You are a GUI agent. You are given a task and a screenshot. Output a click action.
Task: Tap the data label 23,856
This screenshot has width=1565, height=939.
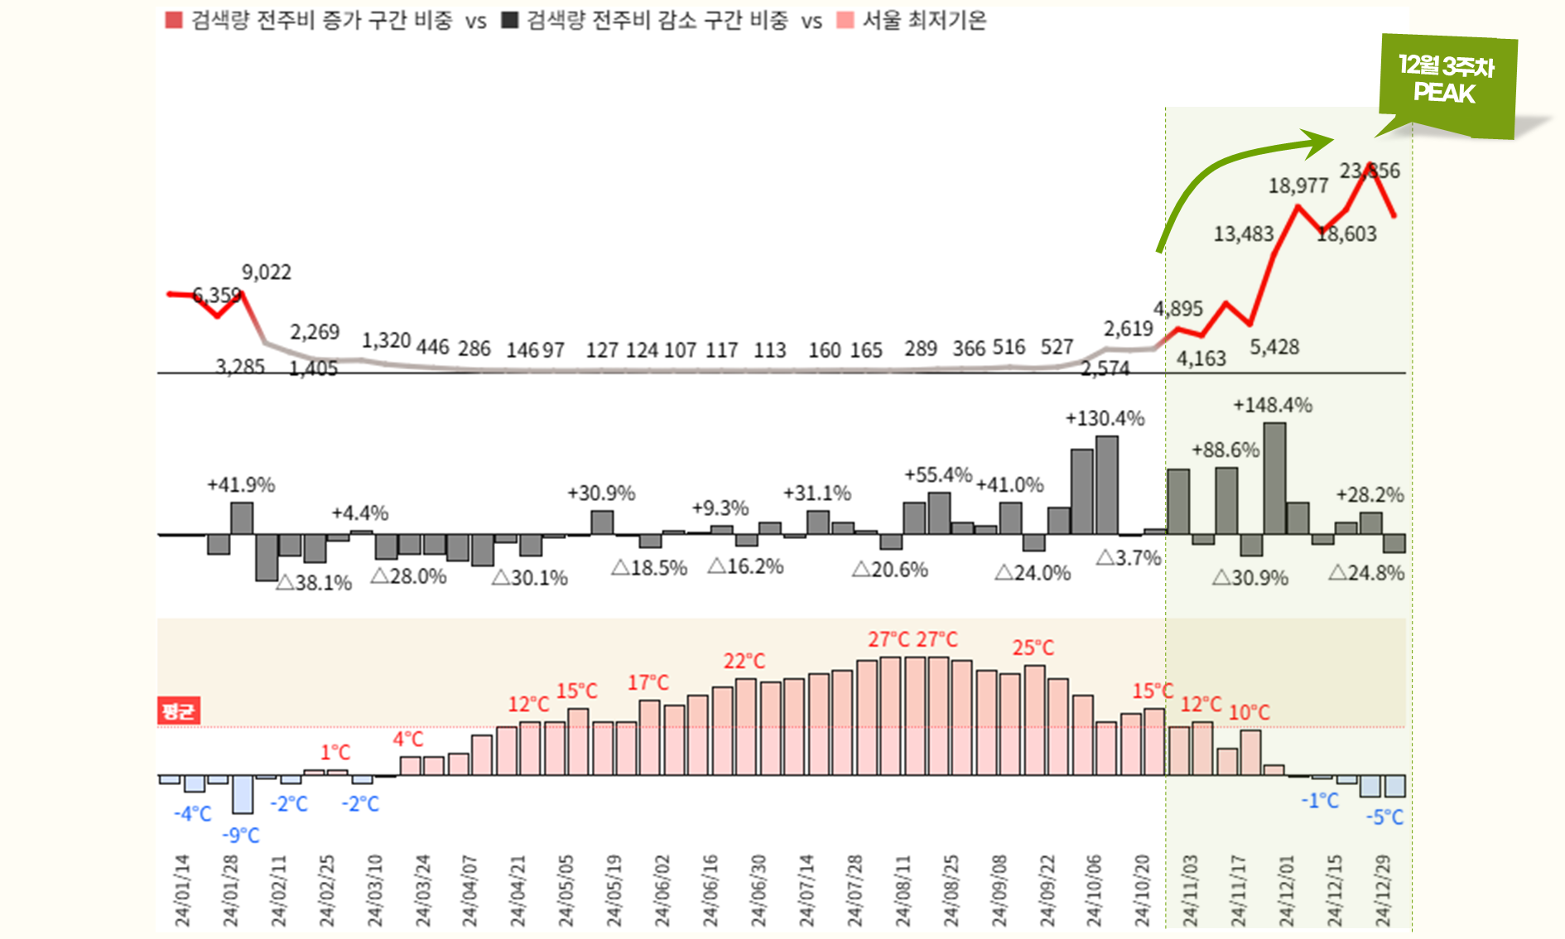(x=1370, y=171)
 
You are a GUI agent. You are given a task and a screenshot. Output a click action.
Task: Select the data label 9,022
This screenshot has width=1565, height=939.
(x=266, y=272)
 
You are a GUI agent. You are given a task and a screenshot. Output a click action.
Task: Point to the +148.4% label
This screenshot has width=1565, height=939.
(x=1272, y=405)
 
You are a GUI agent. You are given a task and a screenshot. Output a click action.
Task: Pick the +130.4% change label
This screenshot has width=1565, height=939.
(x=1105, y=418)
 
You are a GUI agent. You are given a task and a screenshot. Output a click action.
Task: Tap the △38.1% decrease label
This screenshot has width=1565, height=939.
(x=314, y=582)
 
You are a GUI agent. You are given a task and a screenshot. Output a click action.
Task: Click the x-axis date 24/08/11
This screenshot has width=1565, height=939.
(x=903, y=890)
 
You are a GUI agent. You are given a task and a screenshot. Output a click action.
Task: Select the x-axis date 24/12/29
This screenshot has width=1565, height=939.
(x=1383, y=890)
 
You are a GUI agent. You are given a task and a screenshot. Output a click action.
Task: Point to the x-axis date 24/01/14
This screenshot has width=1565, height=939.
(x=182, y=890)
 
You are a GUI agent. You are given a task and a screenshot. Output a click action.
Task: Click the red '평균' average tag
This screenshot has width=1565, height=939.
(x=179, y=710)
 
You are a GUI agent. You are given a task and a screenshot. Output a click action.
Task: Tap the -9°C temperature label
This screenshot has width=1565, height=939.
(x=241, y=835)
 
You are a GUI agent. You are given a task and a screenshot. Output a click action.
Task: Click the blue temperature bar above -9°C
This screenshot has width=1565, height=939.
(x=243, y=794)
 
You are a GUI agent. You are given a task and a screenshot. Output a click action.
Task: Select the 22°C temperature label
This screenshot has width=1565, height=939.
(x=744, y=661)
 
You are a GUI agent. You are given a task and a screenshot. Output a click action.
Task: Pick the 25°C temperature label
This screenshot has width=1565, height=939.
(x=1033, y=648)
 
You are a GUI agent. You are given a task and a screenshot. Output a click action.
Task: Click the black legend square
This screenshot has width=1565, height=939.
(x=510, y=20)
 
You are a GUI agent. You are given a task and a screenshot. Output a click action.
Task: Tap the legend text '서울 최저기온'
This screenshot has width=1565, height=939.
(x=924, y=20)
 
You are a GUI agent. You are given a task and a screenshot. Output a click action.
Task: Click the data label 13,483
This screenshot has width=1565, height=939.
(x=1243, y=234)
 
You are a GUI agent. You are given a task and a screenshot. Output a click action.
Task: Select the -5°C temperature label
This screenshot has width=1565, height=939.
(x=1384, y=817)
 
